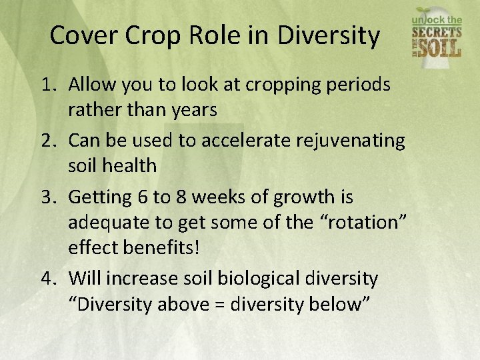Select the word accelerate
coord(219,141)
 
